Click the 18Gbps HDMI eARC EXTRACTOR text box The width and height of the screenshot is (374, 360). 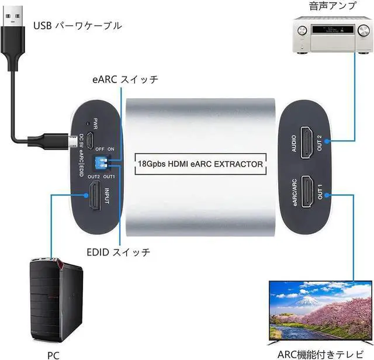[x=200, y=164]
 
